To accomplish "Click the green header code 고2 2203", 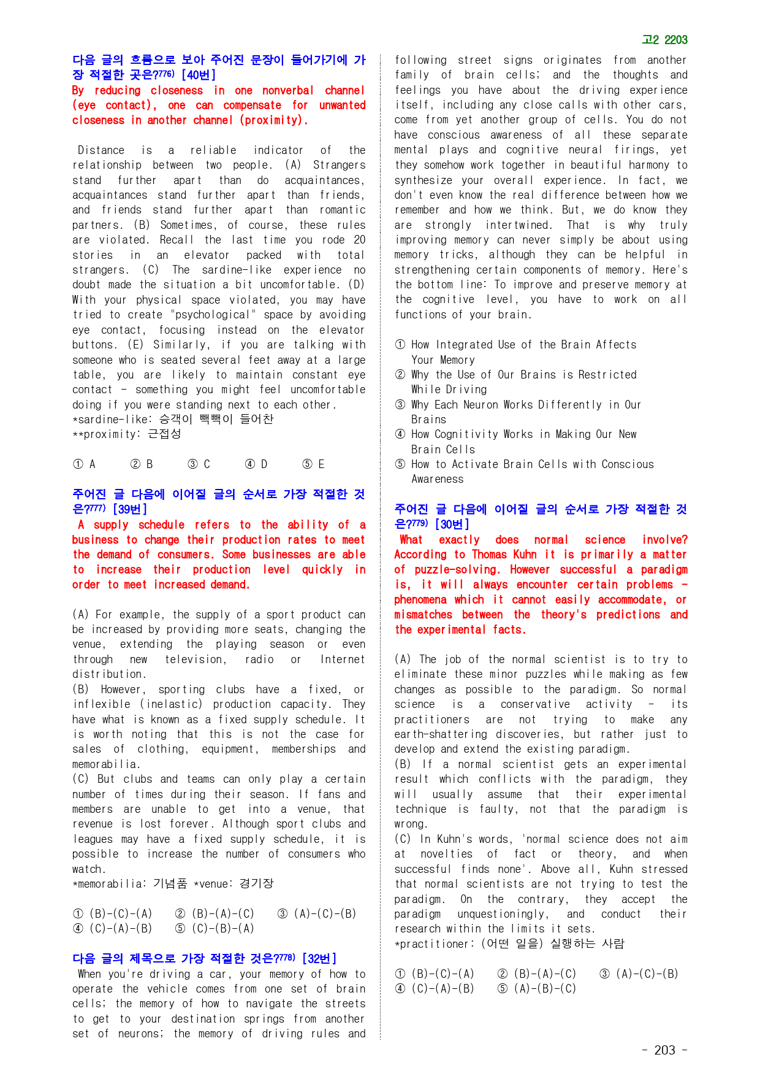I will click(x=664, y=40).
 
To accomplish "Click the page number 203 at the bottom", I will click(x=664, y=1050).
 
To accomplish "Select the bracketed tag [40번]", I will click(x=199, y=75).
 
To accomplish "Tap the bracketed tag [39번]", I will click(x=130, y=509).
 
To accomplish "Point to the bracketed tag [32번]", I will click(x=319, y=958).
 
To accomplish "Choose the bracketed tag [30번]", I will click(x=452, y=525).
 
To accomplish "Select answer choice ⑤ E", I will click(x=314, y=464).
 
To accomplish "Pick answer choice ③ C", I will click(x=199, y=464).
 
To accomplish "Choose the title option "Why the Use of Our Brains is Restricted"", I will click(x=523, y=375).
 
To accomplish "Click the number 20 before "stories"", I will click(x=359, y=240).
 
